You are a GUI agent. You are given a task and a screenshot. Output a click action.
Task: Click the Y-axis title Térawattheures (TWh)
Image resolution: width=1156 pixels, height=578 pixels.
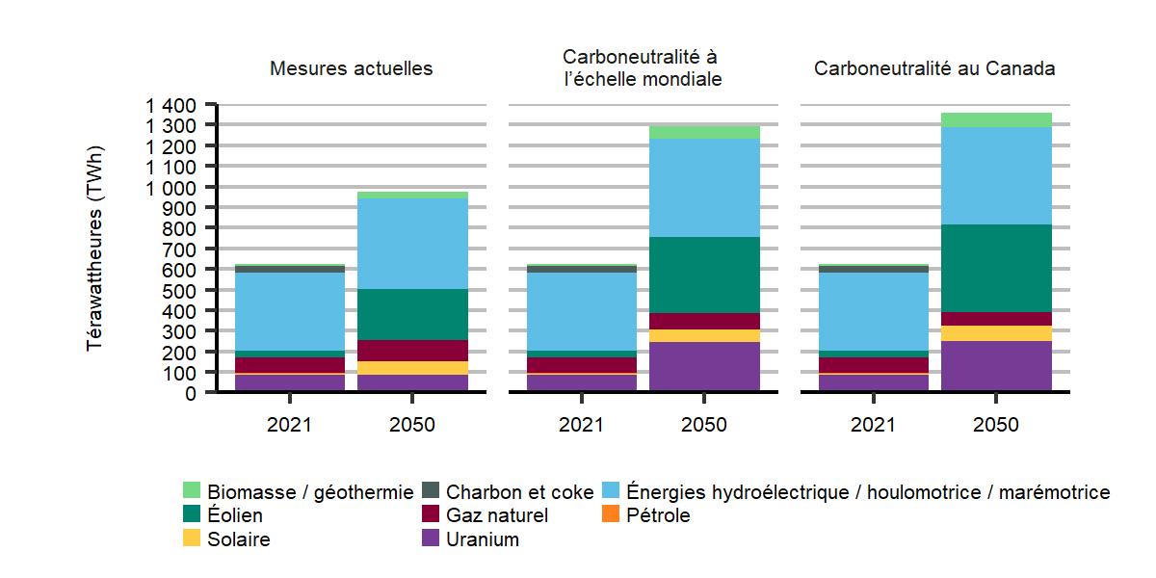click(x=95, y=249)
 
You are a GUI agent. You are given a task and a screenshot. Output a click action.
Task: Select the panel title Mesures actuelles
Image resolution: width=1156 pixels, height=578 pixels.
click(x=351, y=69)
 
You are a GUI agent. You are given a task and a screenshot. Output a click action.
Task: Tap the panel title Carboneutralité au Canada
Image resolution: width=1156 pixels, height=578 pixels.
click(x=934, y=69)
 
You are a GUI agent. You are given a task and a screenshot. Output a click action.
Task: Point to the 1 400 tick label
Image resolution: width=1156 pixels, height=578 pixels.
click(x=171, y=104)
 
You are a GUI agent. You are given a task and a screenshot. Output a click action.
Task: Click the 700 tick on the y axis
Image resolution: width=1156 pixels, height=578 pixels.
click(x=182, y=249)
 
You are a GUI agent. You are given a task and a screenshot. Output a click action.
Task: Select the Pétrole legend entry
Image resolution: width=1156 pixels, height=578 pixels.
click(x=658, y=516)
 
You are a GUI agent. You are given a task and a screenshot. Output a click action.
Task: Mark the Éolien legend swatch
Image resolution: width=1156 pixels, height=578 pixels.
click(x=192, y=516)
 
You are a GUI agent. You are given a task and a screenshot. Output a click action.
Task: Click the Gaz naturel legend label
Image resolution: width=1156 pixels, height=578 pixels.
click(x=496, y=516)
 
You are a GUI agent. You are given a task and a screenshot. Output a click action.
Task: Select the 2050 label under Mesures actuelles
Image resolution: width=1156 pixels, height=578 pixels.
click(x=412, y=425)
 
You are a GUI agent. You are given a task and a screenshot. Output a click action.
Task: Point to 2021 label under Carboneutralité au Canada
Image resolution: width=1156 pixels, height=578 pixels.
click(x=874, y=425)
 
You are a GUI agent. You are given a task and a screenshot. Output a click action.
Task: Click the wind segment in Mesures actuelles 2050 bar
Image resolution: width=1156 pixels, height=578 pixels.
click(x=412, y=314)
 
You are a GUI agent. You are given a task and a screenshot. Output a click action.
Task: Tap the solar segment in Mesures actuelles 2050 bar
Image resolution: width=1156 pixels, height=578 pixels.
click(x=412, y=368)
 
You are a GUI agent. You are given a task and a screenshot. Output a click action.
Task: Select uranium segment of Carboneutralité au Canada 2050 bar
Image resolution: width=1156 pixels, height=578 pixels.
click(x=996, y=366)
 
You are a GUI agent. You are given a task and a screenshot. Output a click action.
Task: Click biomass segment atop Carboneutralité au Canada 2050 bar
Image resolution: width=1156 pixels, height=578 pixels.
click(x=996, y=119)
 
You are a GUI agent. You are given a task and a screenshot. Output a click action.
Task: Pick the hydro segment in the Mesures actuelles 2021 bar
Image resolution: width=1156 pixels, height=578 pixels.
click(x=290, y=311)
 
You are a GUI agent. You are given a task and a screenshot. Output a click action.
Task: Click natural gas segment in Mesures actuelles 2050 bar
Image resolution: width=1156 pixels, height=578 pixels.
click(x=412, y=351)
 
